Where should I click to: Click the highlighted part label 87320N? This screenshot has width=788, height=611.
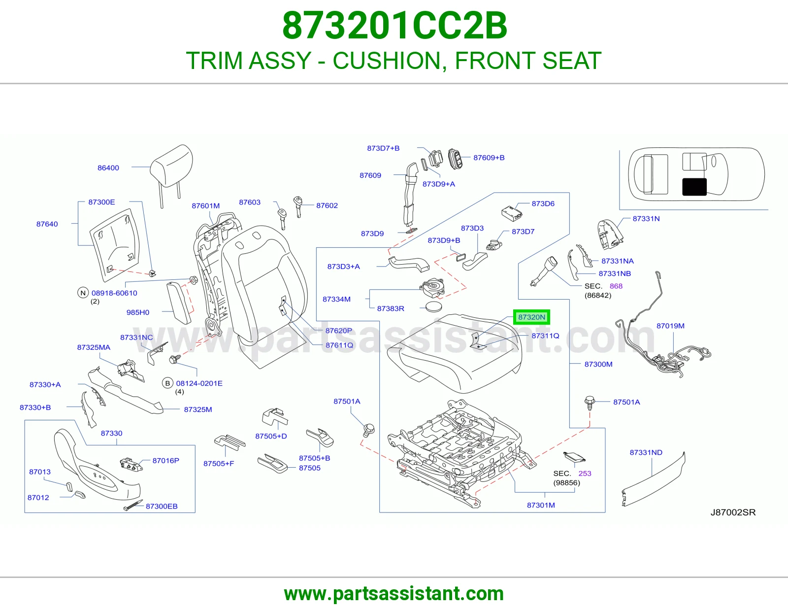pyautogui.click(x=531, y=317)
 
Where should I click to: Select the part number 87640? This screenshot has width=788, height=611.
pyautogui.click(x=47, y=224)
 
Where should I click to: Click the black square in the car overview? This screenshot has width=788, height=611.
pyautogui.click(x=694, y=187)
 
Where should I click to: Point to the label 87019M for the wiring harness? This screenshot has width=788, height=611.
pyautogui.click(x=670, y=326)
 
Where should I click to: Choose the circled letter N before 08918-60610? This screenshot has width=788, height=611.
pyautogui.click(x=83, y=293)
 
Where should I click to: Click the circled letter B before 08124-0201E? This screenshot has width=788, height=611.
pyautogui.click(x=167, y=383)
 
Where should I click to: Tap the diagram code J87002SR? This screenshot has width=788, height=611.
pyautogui.click(x=733, y=512)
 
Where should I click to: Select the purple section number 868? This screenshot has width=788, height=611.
pyautogui.click(x=616, y=286)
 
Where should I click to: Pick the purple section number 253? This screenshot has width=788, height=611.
pyautogui.click(x=585, y=474)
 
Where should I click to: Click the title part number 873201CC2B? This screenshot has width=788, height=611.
pyautogui.click(x=394, y=26)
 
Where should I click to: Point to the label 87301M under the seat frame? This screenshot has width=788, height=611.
pyautogui.click(x=541, y=505)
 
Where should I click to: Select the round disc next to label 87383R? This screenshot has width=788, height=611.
pyautogui.click(x=434, y=307)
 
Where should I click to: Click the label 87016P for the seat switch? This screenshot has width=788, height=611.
pyautogui.click(x=165, y=460)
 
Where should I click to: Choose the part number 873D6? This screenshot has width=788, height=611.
pyautogui.click(x=543, y=204)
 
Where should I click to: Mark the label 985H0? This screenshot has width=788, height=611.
pyautogui.click(x=138, y=312)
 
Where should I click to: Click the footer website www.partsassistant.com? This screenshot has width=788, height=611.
pyautogui.click(x=394, y=594)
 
